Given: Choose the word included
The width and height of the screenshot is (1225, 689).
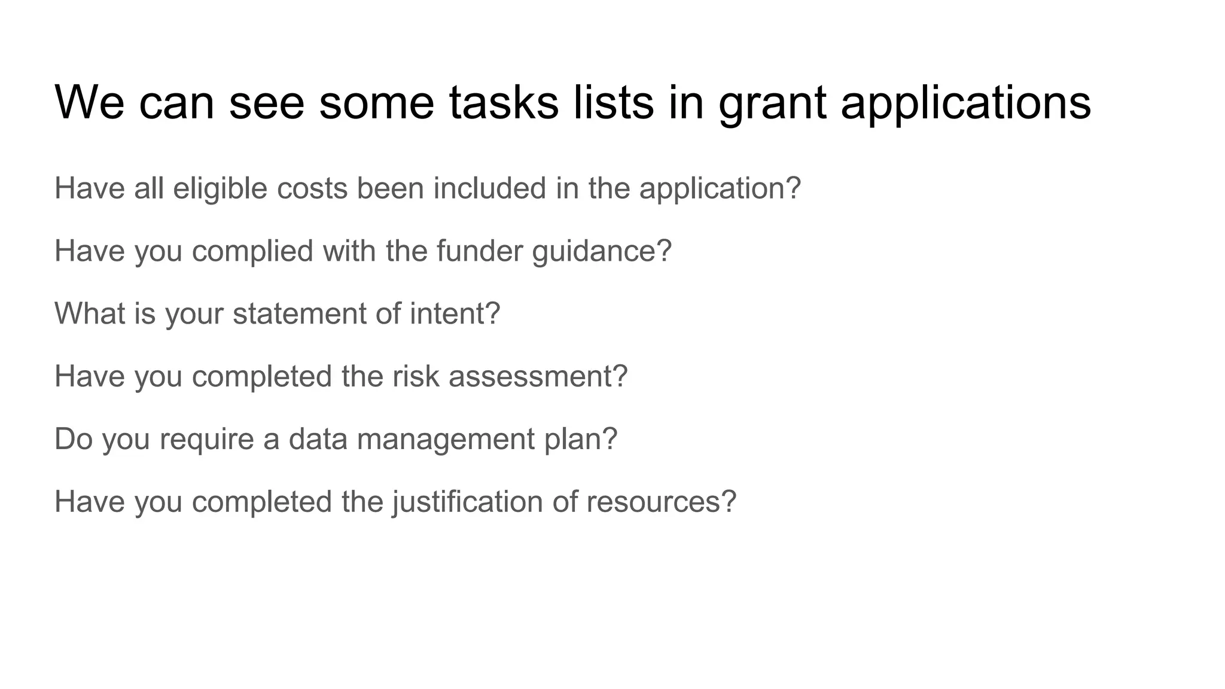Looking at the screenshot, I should [489, 188].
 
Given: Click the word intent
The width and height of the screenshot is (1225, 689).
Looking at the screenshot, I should [448, 313].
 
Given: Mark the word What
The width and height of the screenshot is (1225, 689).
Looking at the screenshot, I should [90, 313].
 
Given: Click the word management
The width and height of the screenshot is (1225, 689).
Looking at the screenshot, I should [445, 440].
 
